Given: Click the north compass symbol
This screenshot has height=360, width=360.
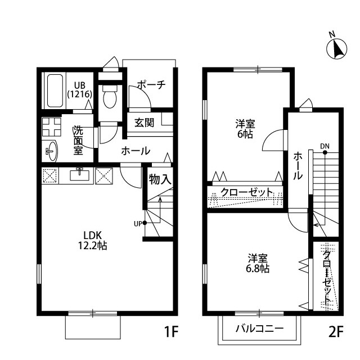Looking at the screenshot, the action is click(337, 49).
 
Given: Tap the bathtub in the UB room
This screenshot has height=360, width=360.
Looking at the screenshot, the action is click(55, 91).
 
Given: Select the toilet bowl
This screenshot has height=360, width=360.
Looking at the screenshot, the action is click(110, 97).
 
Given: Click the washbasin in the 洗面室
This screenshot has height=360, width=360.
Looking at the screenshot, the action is click(52, 151).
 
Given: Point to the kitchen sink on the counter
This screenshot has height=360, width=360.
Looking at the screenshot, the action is click(79, 175).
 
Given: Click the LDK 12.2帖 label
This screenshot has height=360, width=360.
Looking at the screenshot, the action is click(92, 241).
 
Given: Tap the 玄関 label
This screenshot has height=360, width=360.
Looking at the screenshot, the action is click(144, 123).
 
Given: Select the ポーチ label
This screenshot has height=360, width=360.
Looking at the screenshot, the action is click(151, 85).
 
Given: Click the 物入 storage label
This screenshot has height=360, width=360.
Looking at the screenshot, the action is click(160, 179).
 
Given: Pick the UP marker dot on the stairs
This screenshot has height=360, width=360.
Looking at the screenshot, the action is click(145, 223).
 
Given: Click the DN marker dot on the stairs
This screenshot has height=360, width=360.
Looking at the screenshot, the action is click(325, 152).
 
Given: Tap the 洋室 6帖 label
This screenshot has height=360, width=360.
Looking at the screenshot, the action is click(245, 129).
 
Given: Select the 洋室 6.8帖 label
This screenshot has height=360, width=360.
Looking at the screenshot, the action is click(258, 263).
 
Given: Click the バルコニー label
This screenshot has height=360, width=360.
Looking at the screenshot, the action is click(260, 328).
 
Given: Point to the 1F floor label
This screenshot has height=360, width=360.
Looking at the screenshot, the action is click(171, 331).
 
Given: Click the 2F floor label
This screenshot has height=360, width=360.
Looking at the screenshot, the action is click(336, 331).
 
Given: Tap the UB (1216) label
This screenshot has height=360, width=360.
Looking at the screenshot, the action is click(80, 90).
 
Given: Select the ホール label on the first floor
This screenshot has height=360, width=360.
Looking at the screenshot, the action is click(136, 151).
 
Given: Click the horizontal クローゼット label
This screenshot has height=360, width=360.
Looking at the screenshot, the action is click(247, 192).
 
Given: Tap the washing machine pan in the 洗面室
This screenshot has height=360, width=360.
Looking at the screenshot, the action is click(52, 127).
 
